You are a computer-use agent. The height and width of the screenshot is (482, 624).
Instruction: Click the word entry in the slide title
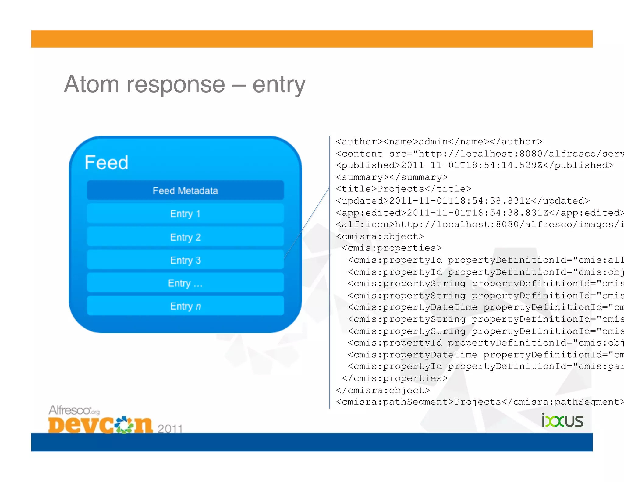[278, 85]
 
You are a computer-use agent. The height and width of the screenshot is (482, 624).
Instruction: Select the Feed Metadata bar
[185, 190]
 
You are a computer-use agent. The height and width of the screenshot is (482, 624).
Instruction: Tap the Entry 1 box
[185, 214]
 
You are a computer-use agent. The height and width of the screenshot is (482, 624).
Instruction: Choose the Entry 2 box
[185, 237]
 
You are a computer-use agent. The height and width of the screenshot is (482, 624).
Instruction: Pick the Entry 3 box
[185, 260]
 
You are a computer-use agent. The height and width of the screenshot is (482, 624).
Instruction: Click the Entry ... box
[185, 283]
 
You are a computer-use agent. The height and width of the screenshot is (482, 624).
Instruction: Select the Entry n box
[185, 306]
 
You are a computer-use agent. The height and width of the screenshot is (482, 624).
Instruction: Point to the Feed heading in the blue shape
[106, 162]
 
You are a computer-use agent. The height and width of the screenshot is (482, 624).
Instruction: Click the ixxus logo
[562, 421]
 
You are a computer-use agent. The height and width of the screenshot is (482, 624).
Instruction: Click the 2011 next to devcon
[170, 429]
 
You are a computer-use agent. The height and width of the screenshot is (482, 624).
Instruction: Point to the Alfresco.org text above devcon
[74, 410]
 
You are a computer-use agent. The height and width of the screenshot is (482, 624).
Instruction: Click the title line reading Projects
[403, 189]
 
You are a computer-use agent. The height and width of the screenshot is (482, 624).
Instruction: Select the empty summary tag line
[392, 177]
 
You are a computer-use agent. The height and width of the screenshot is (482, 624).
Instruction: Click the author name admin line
[439, 142]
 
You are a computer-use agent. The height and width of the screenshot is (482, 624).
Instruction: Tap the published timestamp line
[474, 165]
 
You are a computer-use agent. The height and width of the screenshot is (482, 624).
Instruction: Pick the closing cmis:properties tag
[395, 378]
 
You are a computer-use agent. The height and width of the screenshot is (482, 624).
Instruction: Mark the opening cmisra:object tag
[380, 236]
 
